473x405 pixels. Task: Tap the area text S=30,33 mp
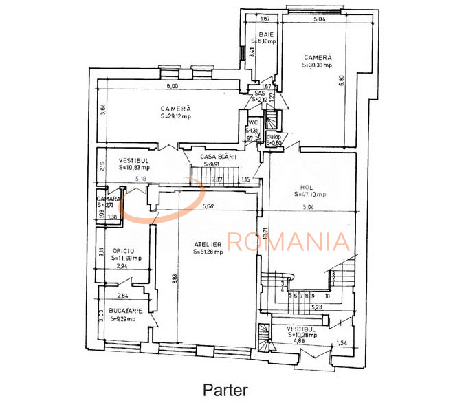(317, 65)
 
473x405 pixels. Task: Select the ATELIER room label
(208, 244)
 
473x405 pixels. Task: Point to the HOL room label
(307, 186)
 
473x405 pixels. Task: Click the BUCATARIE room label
(125, 311)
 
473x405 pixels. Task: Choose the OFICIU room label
(124, 251)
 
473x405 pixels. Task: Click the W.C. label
(253, 122)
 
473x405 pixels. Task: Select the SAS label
(259, 94)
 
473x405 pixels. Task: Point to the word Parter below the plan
(225, 390)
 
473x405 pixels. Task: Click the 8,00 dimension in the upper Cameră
(172, 86)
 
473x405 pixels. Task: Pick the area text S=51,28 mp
(208, 252)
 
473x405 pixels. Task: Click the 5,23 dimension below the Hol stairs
(316, 307)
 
